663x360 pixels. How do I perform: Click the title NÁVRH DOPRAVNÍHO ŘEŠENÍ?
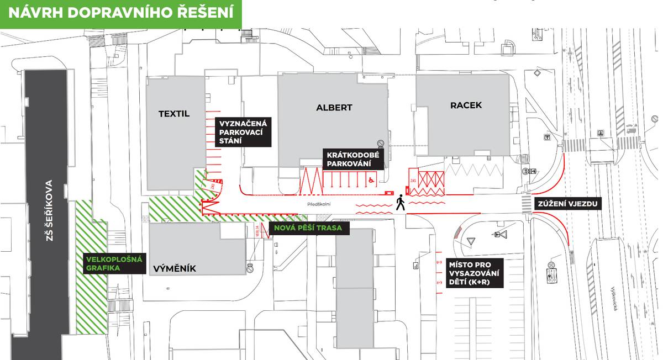(120, 13)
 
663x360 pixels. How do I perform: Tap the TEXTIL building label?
(173, 114)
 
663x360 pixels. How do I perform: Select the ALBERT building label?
(334, 108)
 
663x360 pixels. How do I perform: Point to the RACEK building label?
(465, 105)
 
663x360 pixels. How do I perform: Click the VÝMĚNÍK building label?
(174, 269)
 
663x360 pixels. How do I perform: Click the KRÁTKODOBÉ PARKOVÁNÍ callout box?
(353, 159)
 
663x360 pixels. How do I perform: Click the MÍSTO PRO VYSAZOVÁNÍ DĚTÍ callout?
(474, 273)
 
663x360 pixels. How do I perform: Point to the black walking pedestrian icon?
(400, 204)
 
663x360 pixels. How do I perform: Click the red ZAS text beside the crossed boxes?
(413, 181)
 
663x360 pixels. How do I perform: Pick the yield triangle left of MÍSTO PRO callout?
(471, 241)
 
